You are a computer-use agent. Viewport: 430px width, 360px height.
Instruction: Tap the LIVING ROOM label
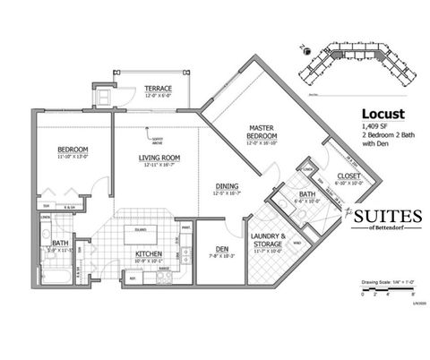[159, 159]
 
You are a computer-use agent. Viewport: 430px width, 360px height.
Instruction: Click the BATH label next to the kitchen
[60, 242]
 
